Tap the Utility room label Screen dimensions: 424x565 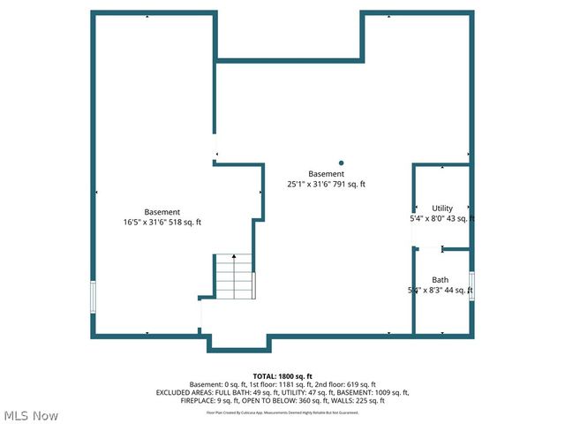[x=442, y=208]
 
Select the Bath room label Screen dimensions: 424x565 [x=440, y=280]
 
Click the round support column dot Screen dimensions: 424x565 [x=341, y=163]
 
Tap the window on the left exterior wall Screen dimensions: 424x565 [x=93, y=296]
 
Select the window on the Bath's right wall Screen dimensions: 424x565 [x=471, y=286]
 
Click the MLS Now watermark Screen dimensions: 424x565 [x=31, y=415]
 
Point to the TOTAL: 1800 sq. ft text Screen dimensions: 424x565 [x=282, y=376]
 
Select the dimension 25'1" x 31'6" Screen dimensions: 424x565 [x=308, y=185]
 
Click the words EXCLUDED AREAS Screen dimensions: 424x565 [x=182, y=392]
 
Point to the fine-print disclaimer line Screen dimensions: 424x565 [x=282, y=412]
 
